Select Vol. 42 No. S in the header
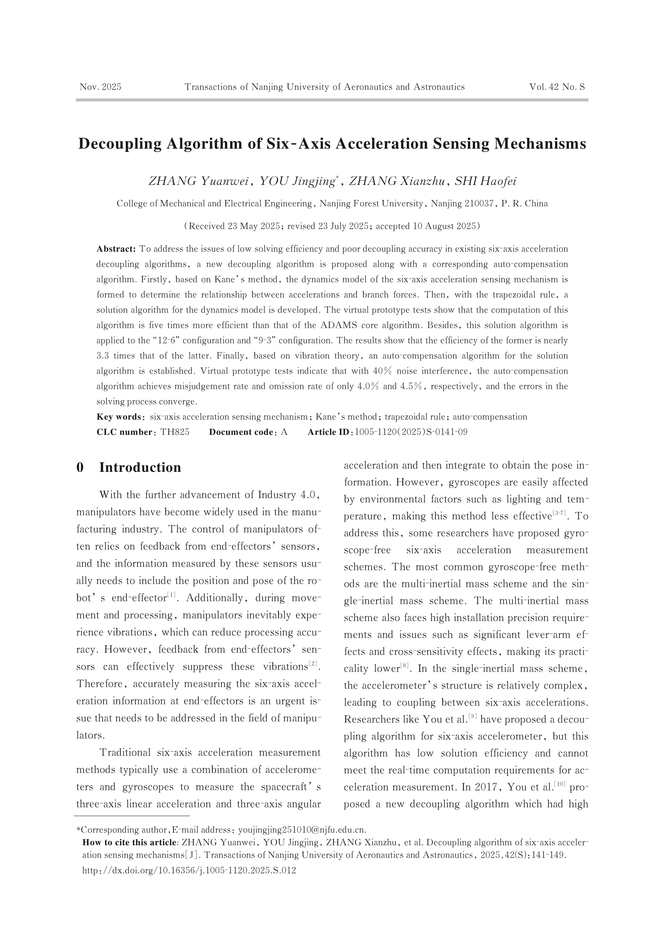coord(557,87)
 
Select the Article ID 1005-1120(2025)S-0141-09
coord(411,432)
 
